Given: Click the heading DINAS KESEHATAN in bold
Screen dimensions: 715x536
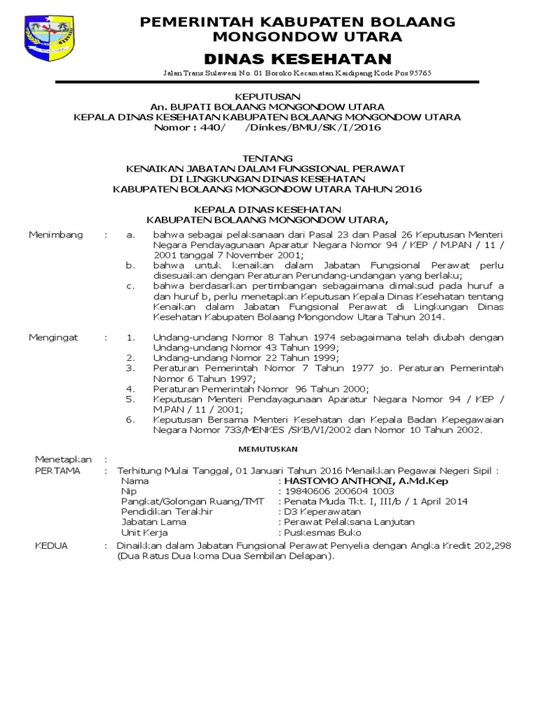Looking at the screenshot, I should click(298, 59).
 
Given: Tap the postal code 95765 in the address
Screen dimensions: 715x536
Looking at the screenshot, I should click(417, 73).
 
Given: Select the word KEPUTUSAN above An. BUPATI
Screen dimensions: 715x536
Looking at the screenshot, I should click(267, 96).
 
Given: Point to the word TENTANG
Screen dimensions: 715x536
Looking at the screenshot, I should click(267, 159).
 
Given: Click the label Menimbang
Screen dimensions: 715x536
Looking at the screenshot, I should click(56, 235).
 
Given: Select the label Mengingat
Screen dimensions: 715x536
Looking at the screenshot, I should click(54, 337).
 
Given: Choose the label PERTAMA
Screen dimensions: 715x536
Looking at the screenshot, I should click(58, 471).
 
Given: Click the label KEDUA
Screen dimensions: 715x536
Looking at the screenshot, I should click(51, 545).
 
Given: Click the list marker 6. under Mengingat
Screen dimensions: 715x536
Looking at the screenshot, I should click(130, 420).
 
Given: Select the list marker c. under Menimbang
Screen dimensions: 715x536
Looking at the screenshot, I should click(130, 286).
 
